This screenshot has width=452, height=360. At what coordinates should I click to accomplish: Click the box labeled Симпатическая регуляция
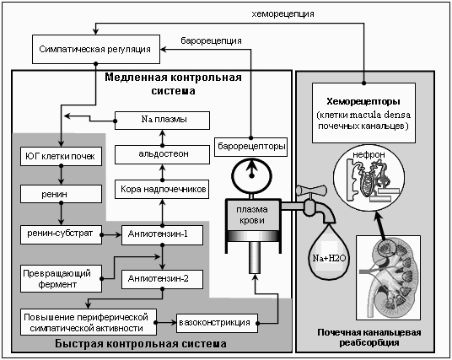coord(96,49)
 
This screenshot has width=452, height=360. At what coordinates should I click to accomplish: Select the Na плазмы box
coord(162,121)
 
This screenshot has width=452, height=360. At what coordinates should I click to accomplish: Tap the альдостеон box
coord(162,155)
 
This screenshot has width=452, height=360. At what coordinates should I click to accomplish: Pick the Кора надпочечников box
coord(162,190)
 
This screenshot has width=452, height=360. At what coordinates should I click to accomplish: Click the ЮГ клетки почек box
coord(61,157)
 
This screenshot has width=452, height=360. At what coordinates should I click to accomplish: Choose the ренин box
coord(61,194)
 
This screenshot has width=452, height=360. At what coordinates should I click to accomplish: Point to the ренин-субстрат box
coord(61,234)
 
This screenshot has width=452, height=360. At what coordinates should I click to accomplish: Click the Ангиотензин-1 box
coord(162,235)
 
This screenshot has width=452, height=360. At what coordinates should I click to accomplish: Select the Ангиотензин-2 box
coord(162,279)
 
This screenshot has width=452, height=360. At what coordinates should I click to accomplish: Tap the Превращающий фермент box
coord(61,279)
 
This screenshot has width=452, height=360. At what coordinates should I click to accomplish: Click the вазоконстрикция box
coord(217,323)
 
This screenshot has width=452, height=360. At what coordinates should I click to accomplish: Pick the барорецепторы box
coord(250,147)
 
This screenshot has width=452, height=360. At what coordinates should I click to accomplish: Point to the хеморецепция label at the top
coord(282,13)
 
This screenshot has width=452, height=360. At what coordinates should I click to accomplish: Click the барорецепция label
coord(212,41)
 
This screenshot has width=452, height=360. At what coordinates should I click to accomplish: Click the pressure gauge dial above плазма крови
coord(251,175)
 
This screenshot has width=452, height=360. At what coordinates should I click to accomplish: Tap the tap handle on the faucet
coord(311,191)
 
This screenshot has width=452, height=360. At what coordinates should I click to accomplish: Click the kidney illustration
coord(388,277)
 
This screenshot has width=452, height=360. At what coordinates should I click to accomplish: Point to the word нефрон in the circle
coord(369,155)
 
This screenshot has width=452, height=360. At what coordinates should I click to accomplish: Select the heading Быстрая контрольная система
coord(141,344)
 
